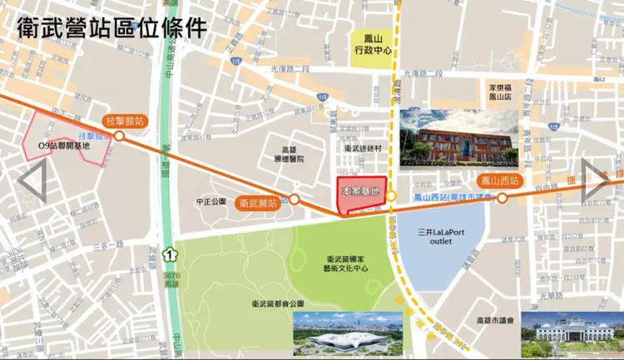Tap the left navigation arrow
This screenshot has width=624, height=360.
click(x=32, y=180)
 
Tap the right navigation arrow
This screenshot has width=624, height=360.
click(x=594, y=180)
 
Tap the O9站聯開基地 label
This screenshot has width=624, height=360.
click(x=63, y=145)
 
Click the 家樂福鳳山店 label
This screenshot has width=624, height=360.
click(x=504, y=91)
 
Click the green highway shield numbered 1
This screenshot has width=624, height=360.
click(x=172, y=253)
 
